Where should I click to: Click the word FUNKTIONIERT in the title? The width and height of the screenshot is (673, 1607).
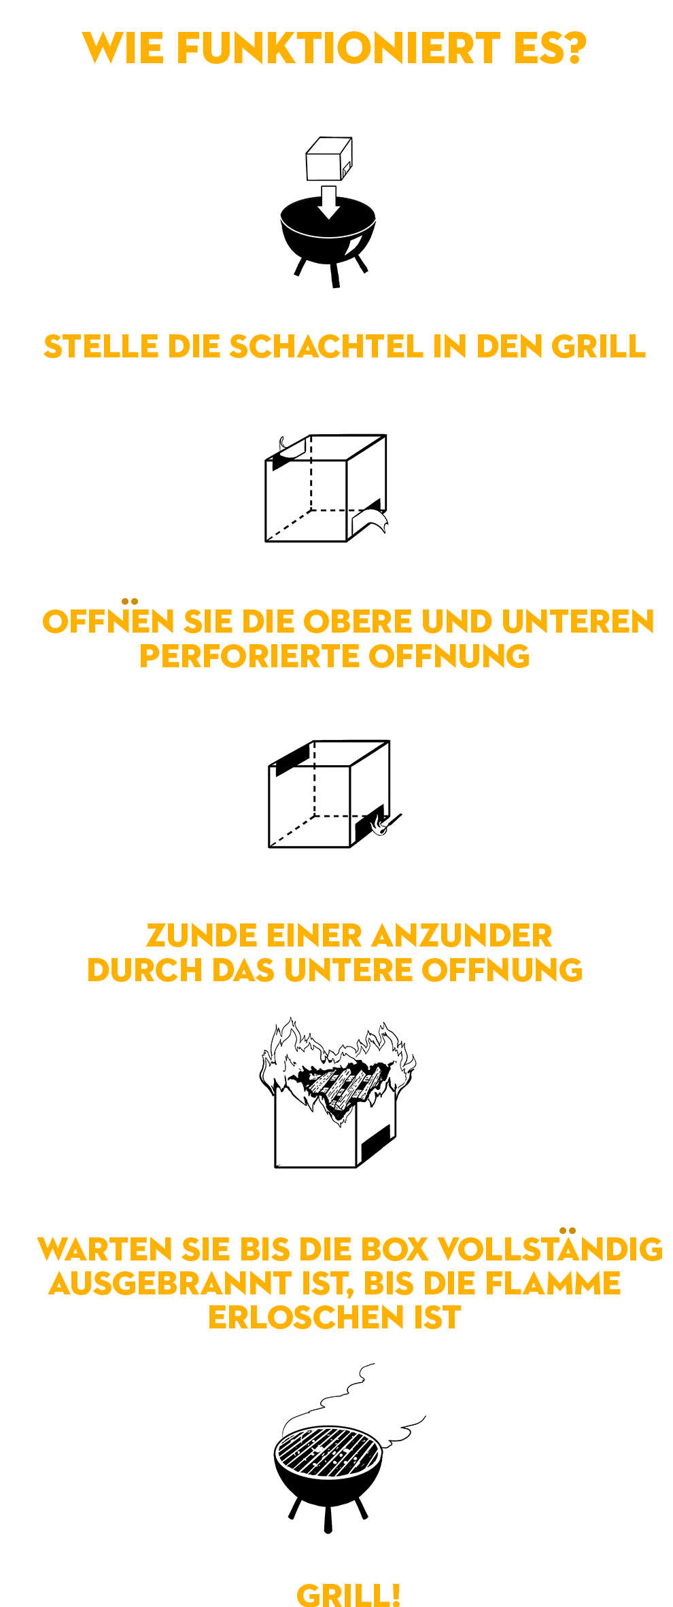(339, 49)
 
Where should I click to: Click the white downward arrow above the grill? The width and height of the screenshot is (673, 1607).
(329, 202)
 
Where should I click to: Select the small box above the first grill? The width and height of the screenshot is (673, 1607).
(329, 158)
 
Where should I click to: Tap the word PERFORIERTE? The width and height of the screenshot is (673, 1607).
(250, 656)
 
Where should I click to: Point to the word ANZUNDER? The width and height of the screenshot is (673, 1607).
(462, 936)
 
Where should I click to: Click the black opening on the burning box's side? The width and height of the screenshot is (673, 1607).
(375, 1144)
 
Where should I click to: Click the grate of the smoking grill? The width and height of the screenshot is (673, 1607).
(328, 1451)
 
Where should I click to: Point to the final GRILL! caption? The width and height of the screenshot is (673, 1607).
(349, 1595)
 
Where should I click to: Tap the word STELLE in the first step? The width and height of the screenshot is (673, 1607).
(101, 347)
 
